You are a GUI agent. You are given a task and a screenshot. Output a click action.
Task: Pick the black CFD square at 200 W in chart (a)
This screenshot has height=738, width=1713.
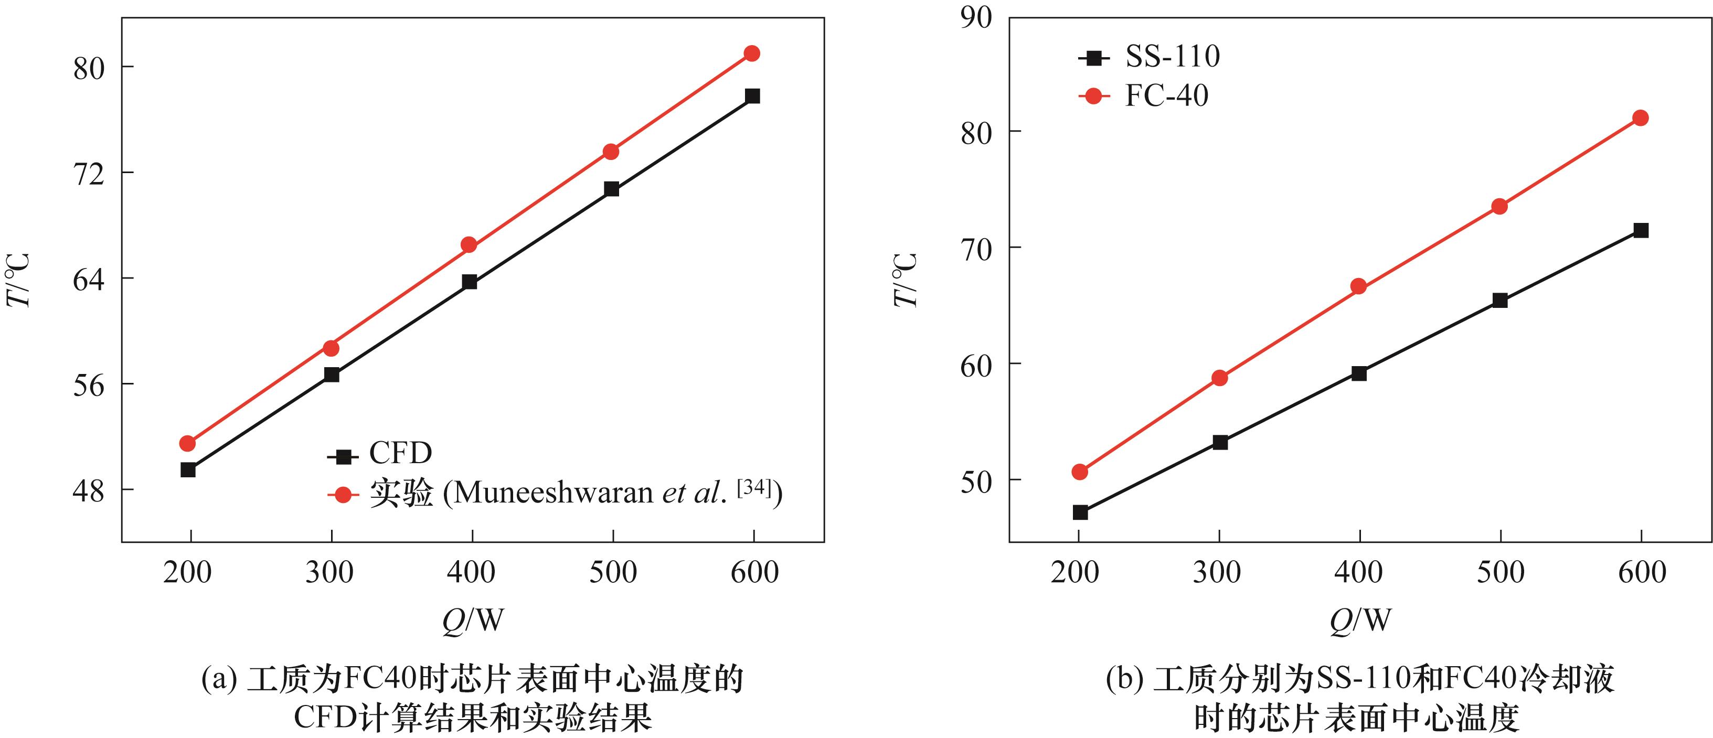tap(188, 470)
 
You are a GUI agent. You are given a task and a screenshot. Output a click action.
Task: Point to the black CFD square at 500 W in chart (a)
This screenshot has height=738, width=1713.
tap(612, 189)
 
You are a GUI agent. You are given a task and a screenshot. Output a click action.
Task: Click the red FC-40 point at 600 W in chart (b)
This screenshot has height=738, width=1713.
tap(1641, 119)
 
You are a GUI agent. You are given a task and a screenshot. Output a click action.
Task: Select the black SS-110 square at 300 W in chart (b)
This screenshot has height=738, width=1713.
tap(1220, 443)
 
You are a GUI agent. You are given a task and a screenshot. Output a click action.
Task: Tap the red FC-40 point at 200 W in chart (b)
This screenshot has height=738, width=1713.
tap(1080, 472)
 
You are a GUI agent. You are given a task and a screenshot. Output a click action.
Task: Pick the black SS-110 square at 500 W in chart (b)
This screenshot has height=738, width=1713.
tap(1500, 301)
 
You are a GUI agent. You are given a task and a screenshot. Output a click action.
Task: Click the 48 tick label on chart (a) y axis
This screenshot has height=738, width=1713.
tap(89, 492)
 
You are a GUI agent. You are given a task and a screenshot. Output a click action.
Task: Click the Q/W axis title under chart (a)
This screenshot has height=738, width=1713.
tap(473, 621)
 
